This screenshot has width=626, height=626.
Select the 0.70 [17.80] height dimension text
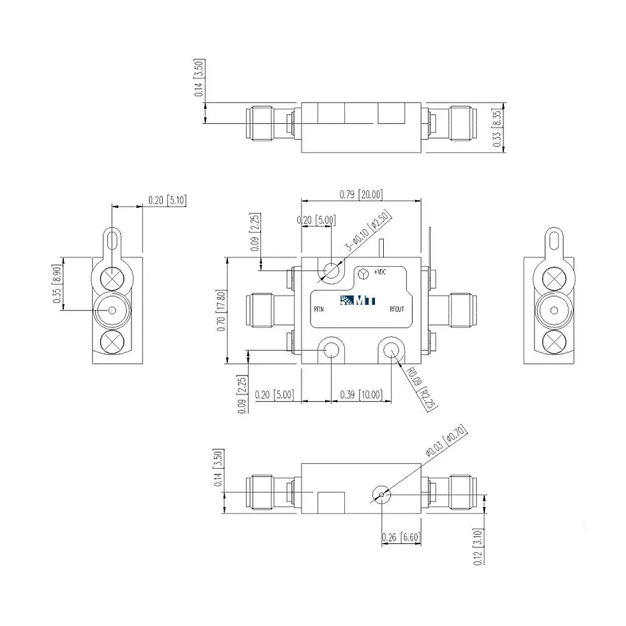pos(220,310)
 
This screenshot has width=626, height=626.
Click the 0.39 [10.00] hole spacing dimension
pos(360,394)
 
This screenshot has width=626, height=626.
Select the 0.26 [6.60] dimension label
pos(401,537)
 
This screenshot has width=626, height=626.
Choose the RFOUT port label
pos(397,309)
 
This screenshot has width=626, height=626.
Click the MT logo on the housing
pos(359,300)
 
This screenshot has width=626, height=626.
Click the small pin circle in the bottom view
pos(381,495)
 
